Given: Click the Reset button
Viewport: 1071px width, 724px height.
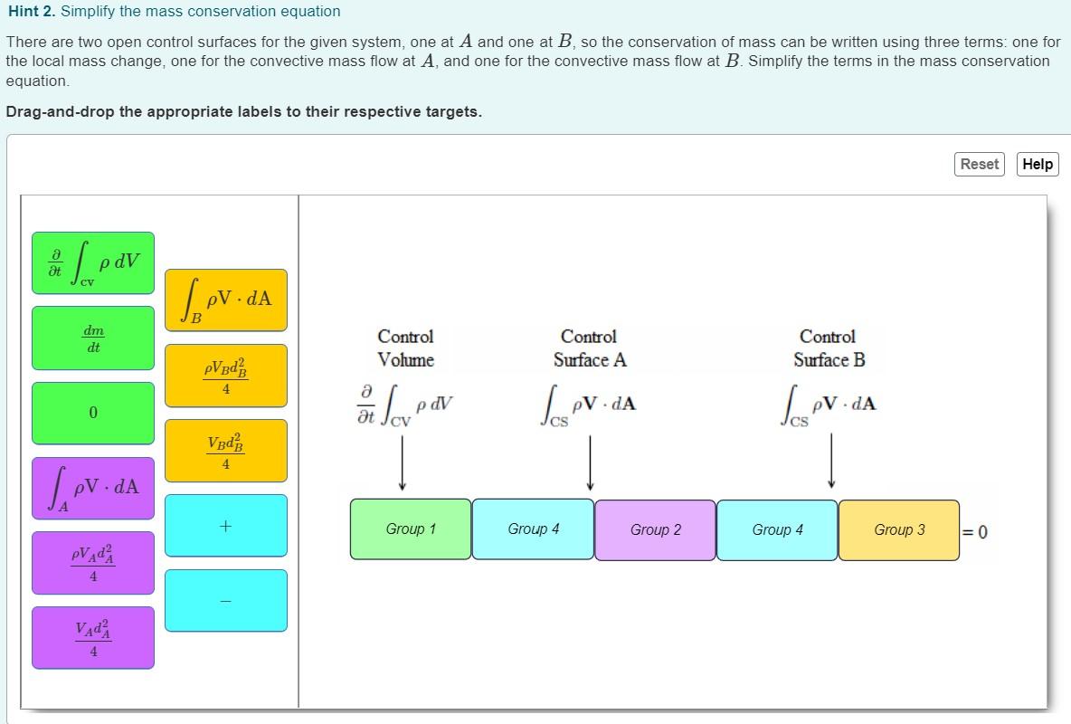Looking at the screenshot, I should tap(979, 164).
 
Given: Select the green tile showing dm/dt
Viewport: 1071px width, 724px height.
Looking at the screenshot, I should tap(93, 338).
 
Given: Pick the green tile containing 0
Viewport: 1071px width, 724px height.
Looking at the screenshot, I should tap(93, 413).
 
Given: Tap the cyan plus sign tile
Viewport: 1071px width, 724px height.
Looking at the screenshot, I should tap(225, 525).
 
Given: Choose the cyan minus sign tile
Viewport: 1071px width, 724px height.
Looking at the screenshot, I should tap(225, 600).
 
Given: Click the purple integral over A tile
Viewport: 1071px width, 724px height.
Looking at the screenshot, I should tap(93, 488).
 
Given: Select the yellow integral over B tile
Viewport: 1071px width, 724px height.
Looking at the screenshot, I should tap(225, 300).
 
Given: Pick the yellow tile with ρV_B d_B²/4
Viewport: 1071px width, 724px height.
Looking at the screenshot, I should tap(225, 375).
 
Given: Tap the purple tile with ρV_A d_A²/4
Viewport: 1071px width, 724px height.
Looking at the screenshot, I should tap(93, 563).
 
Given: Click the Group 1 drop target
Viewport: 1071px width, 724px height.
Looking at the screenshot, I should tap(411, 529).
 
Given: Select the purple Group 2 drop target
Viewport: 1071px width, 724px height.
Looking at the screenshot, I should tap(655, 529).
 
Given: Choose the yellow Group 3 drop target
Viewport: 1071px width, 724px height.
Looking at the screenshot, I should tap(898, 529).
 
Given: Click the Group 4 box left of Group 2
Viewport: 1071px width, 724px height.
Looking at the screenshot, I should tap(533, 529).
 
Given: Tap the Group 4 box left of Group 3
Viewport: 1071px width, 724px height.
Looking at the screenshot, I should tap(777, 529).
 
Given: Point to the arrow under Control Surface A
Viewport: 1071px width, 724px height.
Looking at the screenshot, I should tap(590, 462).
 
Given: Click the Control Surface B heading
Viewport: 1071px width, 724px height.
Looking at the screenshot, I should tap(829, 348).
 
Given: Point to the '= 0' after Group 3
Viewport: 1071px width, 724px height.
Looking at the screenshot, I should tap(975, 531).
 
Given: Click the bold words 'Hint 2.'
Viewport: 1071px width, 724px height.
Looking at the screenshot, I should tap(31, 12).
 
